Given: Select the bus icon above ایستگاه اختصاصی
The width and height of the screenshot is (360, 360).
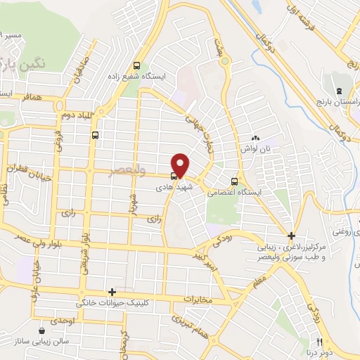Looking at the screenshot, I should [234, 179].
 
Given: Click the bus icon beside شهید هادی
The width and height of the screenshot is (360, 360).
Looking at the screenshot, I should [172, 176].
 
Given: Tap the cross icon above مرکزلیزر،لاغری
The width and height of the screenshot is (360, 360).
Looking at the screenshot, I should [291, 236].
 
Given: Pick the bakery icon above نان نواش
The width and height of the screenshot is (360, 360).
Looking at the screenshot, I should [256, 139].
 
